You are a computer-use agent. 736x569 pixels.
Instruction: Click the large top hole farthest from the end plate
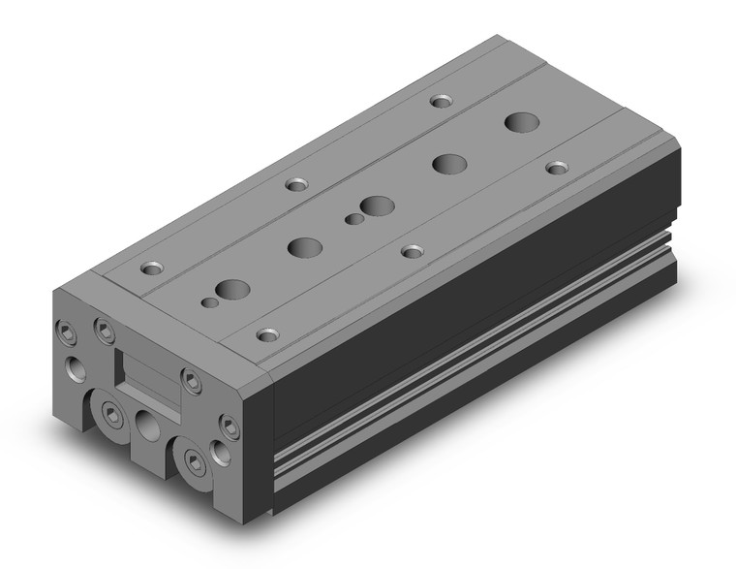(520, 122)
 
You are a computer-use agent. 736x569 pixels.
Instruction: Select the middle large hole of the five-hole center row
(376, 205)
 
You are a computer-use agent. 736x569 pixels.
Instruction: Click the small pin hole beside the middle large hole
(354, 220)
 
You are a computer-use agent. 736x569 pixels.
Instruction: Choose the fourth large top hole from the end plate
(447, 164)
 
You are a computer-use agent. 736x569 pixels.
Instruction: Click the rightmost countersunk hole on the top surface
(557, 168)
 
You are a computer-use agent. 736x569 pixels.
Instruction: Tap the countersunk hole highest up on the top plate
(443, 100)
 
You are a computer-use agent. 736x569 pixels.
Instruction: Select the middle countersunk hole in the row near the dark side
(414, 251)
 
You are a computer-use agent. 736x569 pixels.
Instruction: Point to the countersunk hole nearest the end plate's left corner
(152, 267)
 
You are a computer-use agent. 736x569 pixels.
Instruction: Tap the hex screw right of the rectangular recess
(192, 381)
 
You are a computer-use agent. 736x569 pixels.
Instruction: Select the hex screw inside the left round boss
(113, 416)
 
